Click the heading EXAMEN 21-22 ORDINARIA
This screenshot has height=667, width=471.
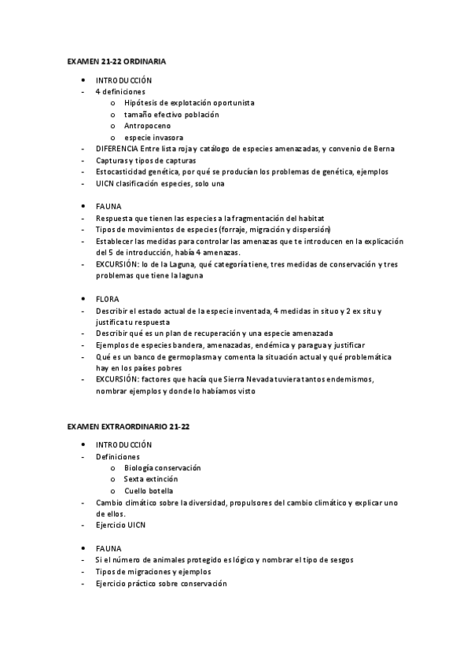(x=116, y=61)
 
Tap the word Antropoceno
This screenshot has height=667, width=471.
(x=147, y=126)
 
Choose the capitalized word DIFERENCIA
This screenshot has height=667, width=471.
(x=116, y=149)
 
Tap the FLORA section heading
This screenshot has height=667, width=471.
(x=107, y=300)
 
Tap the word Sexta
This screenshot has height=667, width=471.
(x=134, y=479)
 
